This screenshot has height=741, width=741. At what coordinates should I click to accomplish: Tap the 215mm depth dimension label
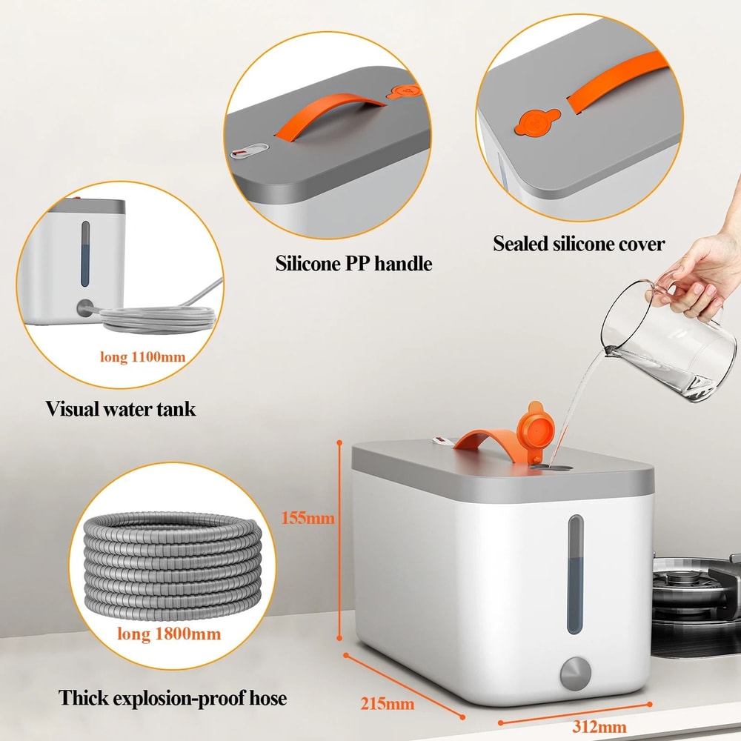pyautogui.click(x=387, y=702)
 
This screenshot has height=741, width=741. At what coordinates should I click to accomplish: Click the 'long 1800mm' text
pyautogui.click(x=169, y=634)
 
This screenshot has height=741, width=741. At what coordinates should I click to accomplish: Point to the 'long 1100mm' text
pyautogui.click(x=142, y=357)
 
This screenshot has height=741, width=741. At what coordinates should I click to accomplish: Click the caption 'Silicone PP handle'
pyautogui.click(x=353, y=263)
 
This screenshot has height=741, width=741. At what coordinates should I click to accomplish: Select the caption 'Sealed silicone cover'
pyautogui.click(x=579, y=244)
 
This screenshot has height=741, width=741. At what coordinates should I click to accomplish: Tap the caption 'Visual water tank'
pyautogui.click(x=121, y=408)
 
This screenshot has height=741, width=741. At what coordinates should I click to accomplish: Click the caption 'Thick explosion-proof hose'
pyautogui.click(x=173, y=697)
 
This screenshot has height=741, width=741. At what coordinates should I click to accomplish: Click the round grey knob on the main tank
pyautogui.click(x=575, y=674)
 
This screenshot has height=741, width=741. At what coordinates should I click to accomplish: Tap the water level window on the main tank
pyautogui.click(x=575, y=574)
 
